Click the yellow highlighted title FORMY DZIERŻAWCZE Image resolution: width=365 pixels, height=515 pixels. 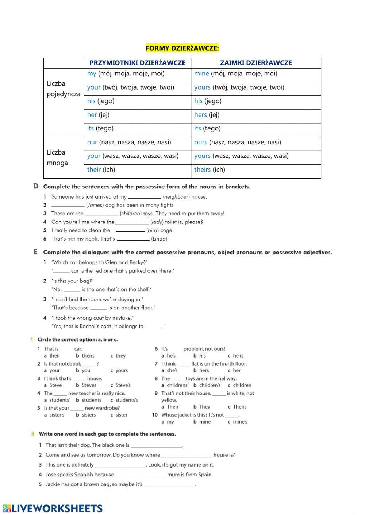pos(182,48)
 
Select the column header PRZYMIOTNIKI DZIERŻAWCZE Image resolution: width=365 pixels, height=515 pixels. pos(137,63)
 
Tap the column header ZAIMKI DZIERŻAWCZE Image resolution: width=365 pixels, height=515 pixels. pos(256,63)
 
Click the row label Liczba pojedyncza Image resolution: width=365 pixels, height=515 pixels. pos(64,89)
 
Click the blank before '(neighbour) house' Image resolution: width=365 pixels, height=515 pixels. pos(144,197)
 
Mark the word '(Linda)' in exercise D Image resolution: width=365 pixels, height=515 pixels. pos(160,239)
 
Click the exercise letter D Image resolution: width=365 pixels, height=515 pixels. pos(36,186)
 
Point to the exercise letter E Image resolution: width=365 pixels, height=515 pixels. pos(35,252)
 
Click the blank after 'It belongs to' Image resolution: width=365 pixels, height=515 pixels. pos(153,327)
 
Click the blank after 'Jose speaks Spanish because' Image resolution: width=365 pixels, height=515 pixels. pos(140,475)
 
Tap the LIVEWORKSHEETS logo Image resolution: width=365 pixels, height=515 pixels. pos(53,508)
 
